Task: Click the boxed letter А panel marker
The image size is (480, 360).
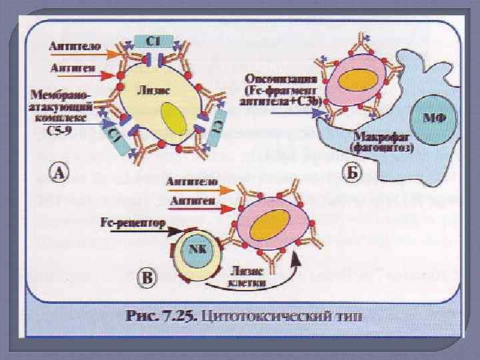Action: [60, 174]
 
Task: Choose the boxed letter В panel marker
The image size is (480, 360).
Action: [149, 277]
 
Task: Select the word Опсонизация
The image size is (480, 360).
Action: [276, 78]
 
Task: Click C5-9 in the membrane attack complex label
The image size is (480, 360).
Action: [64, 129]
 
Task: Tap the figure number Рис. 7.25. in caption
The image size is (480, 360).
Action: [160, 316]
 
